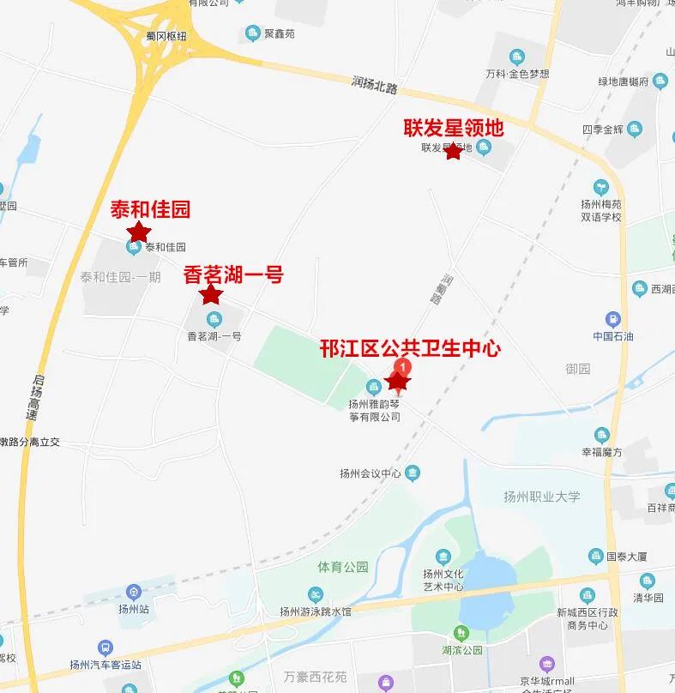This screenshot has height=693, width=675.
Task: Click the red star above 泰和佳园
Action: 139,232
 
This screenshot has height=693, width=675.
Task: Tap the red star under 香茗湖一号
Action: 210,295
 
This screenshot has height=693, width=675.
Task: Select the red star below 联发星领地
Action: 453,152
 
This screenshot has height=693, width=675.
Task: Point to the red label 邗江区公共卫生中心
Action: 410,348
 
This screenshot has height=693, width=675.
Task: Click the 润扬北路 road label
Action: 375,84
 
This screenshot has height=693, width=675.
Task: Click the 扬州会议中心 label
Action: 371,473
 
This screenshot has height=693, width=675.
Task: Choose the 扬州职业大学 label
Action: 542,497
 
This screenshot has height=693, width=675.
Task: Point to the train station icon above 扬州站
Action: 133,592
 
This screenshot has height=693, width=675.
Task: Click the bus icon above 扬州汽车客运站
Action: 105,648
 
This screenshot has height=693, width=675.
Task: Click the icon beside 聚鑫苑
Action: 252,33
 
